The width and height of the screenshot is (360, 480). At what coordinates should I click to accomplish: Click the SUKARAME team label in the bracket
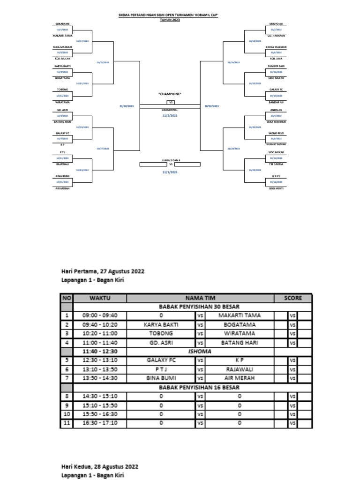pyautogui.click(x=62, y=23)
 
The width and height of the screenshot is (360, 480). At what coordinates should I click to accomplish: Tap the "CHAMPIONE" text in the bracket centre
pyautogui.click(x=170, y=94)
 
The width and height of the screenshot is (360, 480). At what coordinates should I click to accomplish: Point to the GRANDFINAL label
pyautogui.click(x=170, y=110)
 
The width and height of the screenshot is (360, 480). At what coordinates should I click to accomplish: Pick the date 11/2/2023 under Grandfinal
pyautogui.click(x=170, y=115)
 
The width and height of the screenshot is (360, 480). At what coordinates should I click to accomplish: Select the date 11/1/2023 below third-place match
pyautogui.click(x=170, y=172)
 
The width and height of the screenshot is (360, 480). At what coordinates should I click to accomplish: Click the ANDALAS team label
pyautogui.click(x=277, y=111)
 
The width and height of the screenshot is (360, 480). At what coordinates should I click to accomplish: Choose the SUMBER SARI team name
pyautogui.click(x=277, y=67)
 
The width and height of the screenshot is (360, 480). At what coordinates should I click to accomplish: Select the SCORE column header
pyautogui.click(x=293, y=298)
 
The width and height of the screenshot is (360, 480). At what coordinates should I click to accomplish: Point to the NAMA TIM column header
pyautogui.click(x=200, y=298)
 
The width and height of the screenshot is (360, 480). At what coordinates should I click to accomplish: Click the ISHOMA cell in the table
pyautogui.click(x=200, y=351)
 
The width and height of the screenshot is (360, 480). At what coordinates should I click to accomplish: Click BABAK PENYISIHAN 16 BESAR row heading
pyautogui.click(x=200, y=387)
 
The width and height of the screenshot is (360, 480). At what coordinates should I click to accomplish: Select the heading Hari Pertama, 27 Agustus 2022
pyautogui.click(x=103, y=271)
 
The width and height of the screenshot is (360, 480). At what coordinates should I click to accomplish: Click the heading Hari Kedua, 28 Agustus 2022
pyautogui.click(x=100, y=467)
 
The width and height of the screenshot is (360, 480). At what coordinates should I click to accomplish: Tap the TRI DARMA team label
pyautogui.click(x=277, y=165)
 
